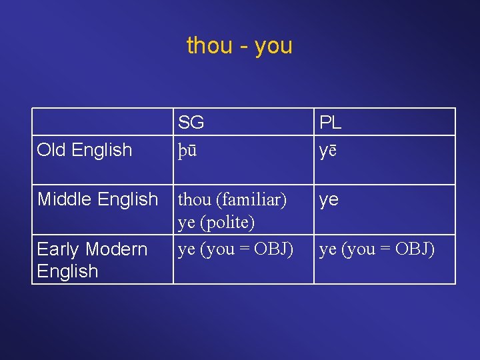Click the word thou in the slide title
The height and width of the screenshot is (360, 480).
pyautogui.click(x=209, y=46)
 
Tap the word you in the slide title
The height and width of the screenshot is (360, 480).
pyautogui.click(x=273, y=47)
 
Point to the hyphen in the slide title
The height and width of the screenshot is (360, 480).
pyautogui.click(x=242, y=47)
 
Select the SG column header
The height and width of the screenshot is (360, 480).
pyautogui.click(x=191, y=123)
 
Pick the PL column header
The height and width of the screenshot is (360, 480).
pyautogui.click(x=331, y=123)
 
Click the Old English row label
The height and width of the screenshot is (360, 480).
pyautogui.click(x=85, y=150)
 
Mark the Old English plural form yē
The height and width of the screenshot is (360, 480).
pyautogui.click(x=328, y=151)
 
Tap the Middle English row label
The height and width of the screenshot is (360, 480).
pyautogui.click(x=97, y=199)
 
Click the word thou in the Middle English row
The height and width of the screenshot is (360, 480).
pyautogui.click(x=193, y=199)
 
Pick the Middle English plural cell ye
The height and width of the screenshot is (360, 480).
pyautogui.click(x=329, y=200)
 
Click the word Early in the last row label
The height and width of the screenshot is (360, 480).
pyautogui.click(x=57, y=249)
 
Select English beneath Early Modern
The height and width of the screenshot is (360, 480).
pyautogui.click(x=67, y=271)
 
